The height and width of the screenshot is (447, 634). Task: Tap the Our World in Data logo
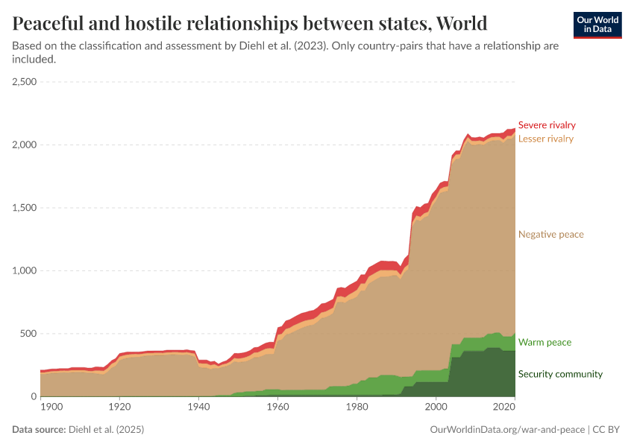click(597, 24)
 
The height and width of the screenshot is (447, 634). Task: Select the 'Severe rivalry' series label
click(547, 125)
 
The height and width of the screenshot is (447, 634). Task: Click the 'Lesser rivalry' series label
click(545, 139)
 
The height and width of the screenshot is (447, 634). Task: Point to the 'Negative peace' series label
click(550, 235)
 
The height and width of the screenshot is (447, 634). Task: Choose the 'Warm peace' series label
click(544, 343)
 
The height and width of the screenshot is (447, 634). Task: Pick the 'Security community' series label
click(560, 374)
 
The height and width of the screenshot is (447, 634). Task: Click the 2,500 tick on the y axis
click(25, 82)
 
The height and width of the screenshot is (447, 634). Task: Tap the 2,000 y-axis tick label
click(25, 145)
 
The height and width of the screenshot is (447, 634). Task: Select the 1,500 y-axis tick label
click(25, 208)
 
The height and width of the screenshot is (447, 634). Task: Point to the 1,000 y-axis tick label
click(25, 271)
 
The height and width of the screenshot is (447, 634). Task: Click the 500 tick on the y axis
click(29, 334)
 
